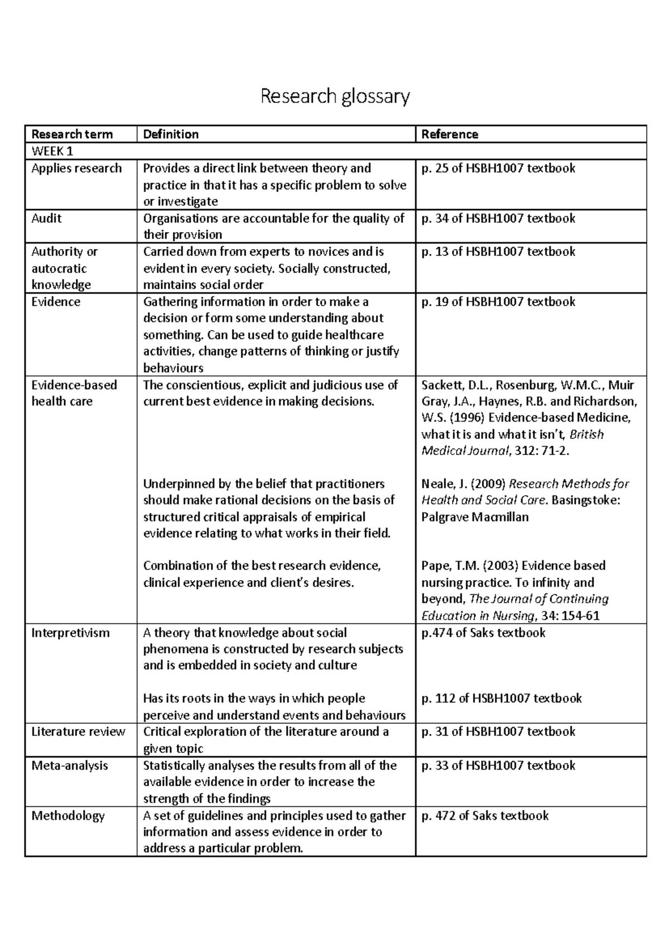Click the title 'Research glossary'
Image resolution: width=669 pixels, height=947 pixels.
(x=335, y=96)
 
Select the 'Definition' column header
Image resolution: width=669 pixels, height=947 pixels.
(x=171, y=134)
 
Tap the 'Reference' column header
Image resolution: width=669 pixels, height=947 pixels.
(x=449, y=134)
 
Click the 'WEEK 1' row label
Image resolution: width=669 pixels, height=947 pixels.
(x=52, y=151)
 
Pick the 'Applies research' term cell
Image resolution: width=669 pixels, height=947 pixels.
(x=76, y=168)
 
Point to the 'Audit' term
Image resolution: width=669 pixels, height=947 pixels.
(x=46, y=218)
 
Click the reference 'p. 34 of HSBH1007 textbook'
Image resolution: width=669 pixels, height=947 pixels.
(x=498, y=218)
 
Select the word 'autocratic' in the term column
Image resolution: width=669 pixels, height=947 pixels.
(x=59, y=268)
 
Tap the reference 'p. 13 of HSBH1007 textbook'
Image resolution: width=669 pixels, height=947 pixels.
(x=498, y=252)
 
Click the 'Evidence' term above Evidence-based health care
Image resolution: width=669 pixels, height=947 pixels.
(x=56, y=302)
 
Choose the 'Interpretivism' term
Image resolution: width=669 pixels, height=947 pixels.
(x=70, y=633)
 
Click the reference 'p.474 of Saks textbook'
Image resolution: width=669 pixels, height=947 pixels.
(x=483, y=633)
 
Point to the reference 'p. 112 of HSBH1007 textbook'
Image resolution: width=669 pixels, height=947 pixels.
(x=501, y=698)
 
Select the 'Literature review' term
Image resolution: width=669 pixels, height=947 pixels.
(x=78, y=732)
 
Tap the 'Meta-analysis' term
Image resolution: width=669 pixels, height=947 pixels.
(x=70, y=766)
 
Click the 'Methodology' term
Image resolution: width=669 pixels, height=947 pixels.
(x=68, y=816)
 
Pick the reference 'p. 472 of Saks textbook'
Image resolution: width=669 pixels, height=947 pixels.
(x=485, y=816)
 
